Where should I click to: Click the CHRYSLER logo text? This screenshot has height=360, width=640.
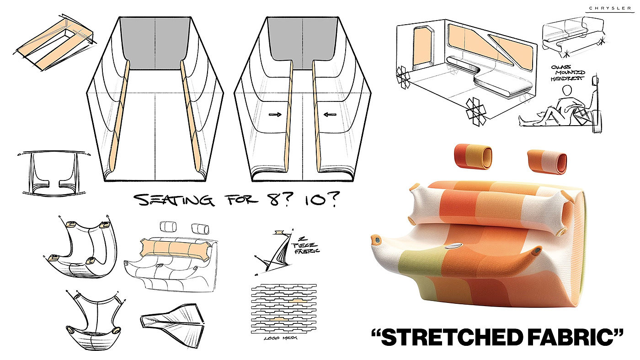pyautogui.click(x=610, y=8)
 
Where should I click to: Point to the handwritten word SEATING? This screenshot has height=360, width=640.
pyautogui.click(x=174, y=200)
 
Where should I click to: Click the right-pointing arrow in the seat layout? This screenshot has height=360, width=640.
pyautogui.click(x=275, y=115)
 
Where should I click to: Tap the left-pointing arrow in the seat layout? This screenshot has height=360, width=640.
pyautogui.click(x=330, y=115)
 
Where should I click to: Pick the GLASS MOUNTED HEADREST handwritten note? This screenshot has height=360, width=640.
pyautogui.click(x=568, y=73)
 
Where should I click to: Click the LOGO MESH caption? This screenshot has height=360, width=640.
pyautogui.click(x=280, y=338)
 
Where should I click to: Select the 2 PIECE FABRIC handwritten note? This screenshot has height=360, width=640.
pyautogui.click(x=305, y=245)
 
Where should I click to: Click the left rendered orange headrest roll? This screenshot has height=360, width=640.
pyautogui.click(x=473, y=156)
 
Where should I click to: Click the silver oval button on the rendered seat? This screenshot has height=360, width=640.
pyautogui.click(x=453, y=246)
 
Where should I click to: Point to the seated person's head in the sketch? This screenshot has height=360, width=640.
pyautogui.click(x=567, y=91)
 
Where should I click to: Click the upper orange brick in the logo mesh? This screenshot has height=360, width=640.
pyautogui.click(x=297, y=301)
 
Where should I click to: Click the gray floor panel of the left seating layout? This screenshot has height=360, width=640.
pyautogui.click(x=156, y=43)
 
